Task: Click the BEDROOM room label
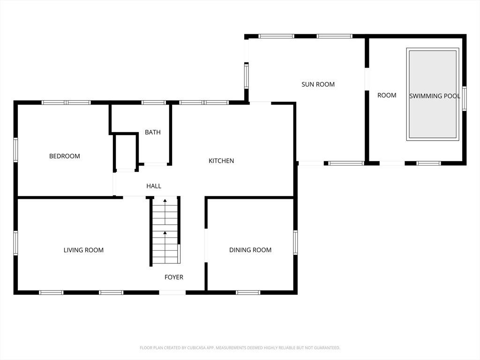click(x=65, y=156)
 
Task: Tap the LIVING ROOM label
click(x=83, y=250)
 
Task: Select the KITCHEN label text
click(x=221, y=161)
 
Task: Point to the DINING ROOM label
click(x=250, y=250)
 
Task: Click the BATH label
click(x=153, y=132)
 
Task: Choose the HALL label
click(x=154, y=186)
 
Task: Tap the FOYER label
click(x=174, y=277)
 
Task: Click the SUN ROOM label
click(x=318, y=84)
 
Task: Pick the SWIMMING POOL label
click(x=435, y=96)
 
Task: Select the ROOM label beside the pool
click(x=387, y=95)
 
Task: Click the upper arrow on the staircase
click(x=165, y=212)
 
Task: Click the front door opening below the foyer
click(x=172, y=292)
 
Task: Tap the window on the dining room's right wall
click(x=295, y=242)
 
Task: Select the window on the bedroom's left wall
click(x=15, y=150)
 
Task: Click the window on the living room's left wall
click(x=15, y=243)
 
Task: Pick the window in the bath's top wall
click(x=154, y=103)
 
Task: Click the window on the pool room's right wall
click(x=465, y=98)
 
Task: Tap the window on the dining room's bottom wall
click(x=248, y=292)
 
